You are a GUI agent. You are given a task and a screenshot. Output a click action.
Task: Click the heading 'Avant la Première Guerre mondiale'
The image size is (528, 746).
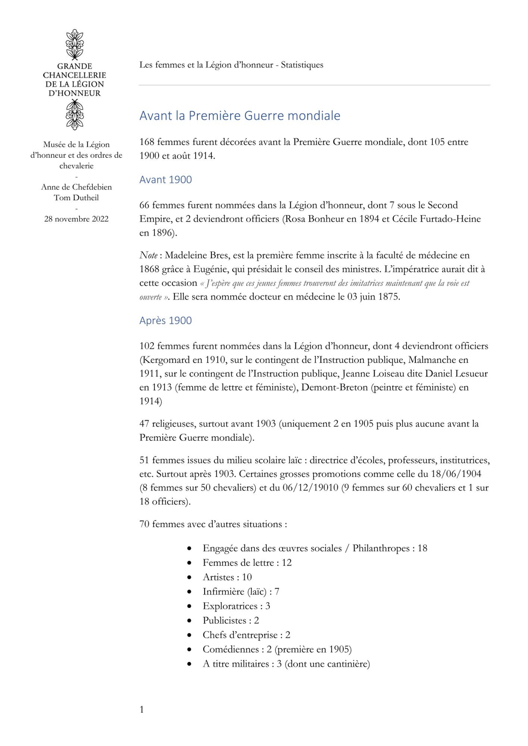[x=240, y=116]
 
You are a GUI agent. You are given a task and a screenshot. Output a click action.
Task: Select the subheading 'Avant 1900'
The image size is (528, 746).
[x=165, y=180]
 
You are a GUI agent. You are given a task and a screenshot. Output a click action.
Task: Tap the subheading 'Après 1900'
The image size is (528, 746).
[x=165, y=321]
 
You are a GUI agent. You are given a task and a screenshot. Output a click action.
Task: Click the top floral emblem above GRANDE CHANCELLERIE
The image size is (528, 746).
[x=75, y=44]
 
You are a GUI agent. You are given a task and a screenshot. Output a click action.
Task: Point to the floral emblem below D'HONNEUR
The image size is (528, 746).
[x=75, y=115]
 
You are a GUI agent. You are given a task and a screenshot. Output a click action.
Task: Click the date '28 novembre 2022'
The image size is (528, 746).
[x=76, y=219]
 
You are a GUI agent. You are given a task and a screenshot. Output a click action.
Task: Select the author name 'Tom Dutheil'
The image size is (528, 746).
[x=76, y=198]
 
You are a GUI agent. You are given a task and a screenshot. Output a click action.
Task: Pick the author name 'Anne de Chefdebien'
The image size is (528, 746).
[x=76, y=187]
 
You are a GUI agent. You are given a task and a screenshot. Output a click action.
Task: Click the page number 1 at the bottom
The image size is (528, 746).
[x=141, y=709]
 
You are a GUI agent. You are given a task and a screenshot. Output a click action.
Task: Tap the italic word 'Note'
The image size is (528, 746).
[x=148, y=256]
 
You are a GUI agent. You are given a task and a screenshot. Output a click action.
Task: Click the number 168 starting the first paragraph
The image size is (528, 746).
[x=147, y=142]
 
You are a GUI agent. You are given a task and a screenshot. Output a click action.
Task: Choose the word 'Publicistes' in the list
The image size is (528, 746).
[x=224, y=621]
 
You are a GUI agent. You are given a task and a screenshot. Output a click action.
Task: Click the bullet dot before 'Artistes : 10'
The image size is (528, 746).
[x=190, y=577]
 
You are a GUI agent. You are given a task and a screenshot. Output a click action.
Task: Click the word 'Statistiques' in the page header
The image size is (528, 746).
[x=302, y=65]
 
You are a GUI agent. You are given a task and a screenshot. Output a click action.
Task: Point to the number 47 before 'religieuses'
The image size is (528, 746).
[x=144, y=424]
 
